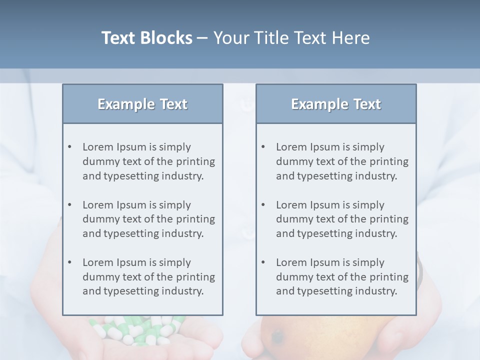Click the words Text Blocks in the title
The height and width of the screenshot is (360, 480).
coord(147,38)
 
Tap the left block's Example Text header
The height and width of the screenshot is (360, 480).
coord(142,104)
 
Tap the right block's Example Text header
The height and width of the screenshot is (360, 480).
coord(336,104)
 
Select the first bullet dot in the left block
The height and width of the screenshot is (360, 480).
coord(69,147)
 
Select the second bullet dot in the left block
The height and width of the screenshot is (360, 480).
coord(69,205)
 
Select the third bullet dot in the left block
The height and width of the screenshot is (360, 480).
coord(69,262)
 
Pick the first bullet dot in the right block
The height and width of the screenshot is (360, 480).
coord(263,147)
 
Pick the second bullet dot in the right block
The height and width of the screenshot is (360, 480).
coord(263,205)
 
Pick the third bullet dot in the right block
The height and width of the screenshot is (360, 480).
coord(263,262)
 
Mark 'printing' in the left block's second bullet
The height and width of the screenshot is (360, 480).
coord(195,219)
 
